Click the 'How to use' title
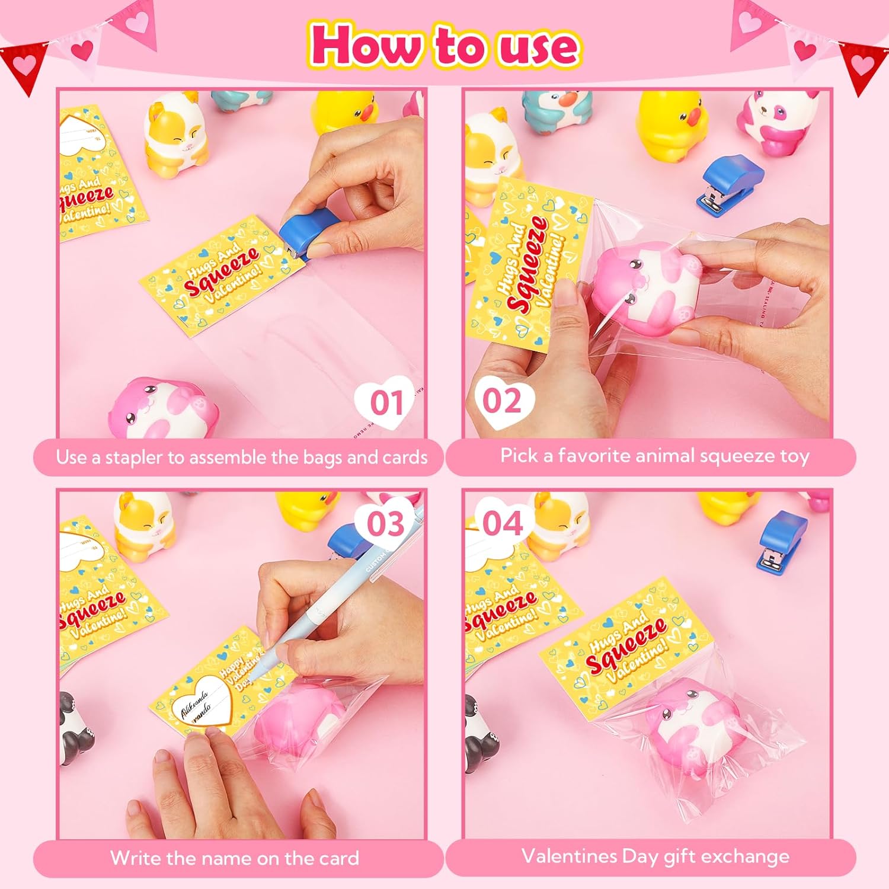coord(444,45)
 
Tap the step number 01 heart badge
coord(387,402)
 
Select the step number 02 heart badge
coord(502,401)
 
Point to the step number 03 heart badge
coord(386,523)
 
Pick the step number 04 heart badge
coord(502,523)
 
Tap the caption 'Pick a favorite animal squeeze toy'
coord(654,456)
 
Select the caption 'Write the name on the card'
coord(235,858)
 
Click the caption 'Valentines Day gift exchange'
coord(655,856)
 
